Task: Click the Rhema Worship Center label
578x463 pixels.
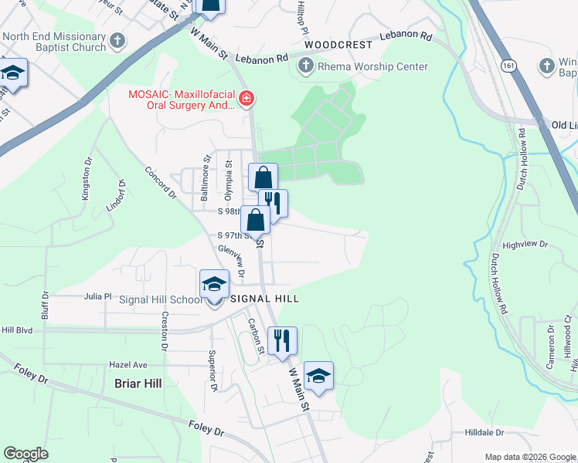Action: [x=372, y=66]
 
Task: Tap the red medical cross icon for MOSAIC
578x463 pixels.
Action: [x=246, y=98]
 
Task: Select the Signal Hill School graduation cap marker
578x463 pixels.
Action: [x=214, y=284]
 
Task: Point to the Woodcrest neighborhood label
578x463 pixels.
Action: [x=338, y=46]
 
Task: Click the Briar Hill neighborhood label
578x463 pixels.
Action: [x=138, y=383]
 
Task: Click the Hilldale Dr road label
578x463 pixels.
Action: [x=484, y=433]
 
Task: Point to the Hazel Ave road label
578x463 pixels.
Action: [x=127, y=364]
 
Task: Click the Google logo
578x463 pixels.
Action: [x=26, y=454]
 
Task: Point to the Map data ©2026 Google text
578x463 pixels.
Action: [x=529, y=456]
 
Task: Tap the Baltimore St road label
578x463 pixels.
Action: [x=206, y=179]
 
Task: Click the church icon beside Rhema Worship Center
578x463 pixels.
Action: [x=304, y=66]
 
